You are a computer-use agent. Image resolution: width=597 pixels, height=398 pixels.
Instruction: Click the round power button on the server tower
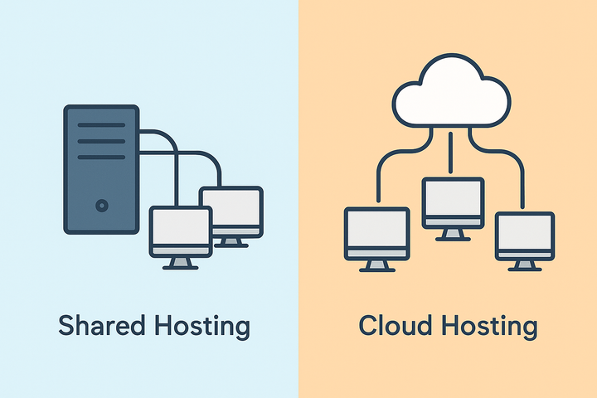[x=101, y=204]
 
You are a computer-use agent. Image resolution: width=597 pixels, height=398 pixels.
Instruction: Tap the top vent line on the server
[x=101, y=125]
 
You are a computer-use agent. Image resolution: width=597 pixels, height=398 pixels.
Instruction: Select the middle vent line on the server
[x=101, y=141]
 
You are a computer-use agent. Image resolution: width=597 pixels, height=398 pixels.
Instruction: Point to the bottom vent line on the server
[x=101, y=157]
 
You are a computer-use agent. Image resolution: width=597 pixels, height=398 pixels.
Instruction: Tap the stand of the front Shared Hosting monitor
[x=180, y=263]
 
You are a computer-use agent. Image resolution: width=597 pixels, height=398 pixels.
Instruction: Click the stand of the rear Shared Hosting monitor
[x=232, y=241]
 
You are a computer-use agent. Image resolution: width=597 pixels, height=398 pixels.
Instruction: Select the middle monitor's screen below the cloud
[x=453, y=200]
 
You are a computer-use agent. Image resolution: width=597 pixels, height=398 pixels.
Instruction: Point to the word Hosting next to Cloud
[x=491, y=327]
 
